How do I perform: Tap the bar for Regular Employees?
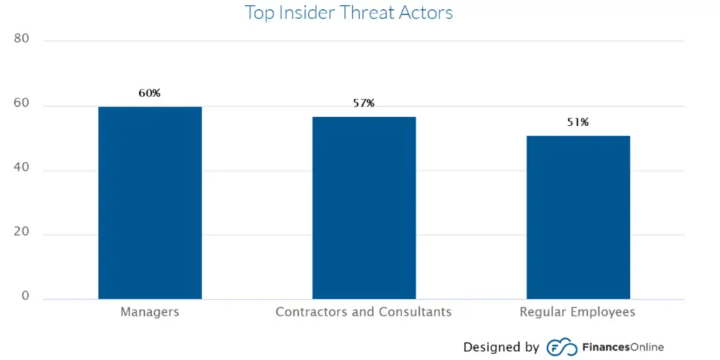578,217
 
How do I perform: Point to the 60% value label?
149,93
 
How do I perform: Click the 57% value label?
364,103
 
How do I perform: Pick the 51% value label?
578,122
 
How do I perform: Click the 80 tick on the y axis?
22,39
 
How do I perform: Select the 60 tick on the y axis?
22,103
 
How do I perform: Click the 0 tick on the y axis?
25,297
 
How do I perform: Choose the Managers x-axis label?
150,311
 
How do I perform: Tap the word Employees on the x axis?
604,311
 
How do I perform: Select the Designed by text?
501,347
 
